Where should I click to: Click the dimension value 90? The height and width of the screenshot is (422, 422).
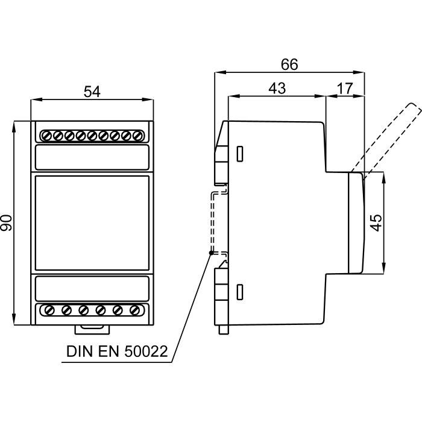(x=8, y=223)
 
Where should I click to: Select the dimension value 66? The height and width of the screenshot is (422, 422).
(x=289, y=65)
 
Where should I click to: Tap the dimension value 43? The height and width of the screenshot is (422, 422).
(x=277, y=88)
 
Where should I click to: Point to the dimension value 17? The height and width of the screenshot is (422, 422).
(x=345, y=88)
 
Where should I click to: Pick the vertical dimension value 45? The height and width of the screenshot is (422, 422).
(x=376, y=222)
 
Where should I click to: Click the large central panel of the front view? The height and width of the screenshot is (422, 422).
(x=92, y=223)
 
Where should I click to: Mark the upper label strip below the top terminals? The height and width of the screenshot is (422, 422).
(x=92, y=157)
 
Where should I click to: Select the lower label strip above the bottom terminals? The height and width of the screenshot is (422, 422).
(x=92, y=288)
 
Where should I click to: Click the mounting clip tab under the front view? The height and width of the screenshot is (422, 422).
(x=92, y=329)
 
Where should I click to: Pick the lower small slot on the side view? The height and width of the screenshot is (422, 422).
(x=239, y=292)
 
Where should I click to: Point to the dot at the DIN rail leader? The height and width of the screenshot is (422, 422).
(x=210, y=253)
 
